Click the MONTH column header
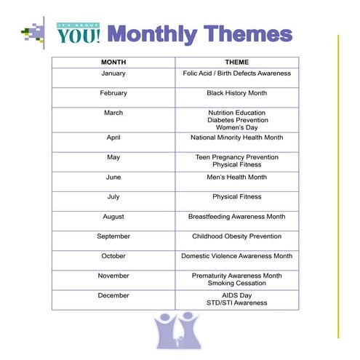coord(113,63)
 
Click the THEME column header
coord(236,63)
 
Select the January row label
coord(113,73)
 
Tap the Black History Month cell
coord(236,93)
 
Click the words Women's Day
coord(236,127)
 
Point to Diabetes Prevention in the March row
coord(236,120)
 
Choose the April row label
coord(113,137)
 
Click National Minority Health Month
coord(236,137)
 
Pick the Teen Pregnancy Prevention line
coord(236,157)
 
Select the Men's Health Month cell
coord(236,177)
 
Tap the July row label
coord(113,196)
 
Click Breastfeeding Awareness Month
coord(236,216)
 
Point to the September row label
coord(113,236)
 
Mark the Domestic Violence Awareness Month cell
coord(236,256)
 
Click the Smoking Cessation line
coord(236,283)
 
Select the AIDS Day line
coord(236,295)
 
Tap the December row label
coord(113,295)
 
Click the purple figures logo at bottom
coord(178,330)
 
